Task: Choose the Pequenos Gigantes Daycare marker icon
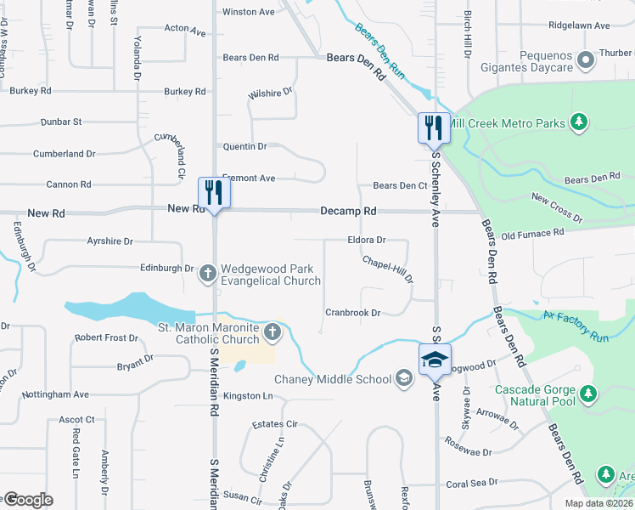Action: (x=584, y=60)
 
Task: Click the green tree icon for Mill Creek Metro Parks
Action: (x=579, y=123)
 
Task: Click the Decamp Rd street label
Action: (x=348, y=211)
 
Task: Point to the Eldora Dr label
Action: (x=367, y=241)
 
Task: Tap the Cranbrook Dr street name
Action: (x=352, y=313)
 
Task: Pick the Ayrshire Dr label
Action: (x=110, y=241)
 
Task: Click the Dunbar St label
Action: (x=60, y=122)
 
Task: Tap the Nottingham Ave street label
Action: (x=59, y=394)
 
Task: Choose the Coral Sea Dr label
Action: (x=469, y=484)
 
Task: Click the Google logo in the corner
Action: (x=28, y=500)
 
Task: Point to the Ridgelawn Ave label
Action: (x=579, y=26)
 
